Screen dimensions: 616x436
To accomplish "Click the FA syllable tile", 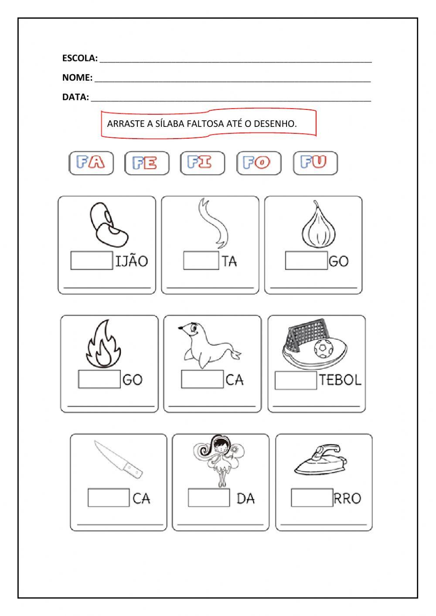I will tap(91, 163).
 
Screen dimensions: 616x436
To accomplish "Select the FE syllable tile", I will tap(147, 163).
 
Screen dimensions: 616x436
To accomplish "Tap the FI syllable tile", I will tap(203, 163).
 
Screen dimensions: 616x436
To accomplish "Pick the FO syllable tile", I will tap(259, 163).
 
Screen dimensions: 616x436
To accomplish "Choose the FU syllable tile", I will tap(315, 163).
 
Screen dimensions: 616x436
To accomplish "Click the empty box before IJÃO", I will tap(92, 260).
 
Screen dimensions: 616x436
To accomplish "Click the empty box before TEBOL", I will tap(296, 380).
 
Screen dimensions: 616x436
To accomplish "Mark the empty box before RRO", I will tap(312, 497).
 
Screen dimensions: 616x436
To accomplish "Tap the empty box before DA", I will tap(209, 497).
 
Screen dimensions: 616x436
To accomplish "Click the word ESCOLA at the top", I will tap(79, 58).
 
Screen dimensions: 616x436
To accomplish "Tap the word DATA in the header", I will tap(75, 97).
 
